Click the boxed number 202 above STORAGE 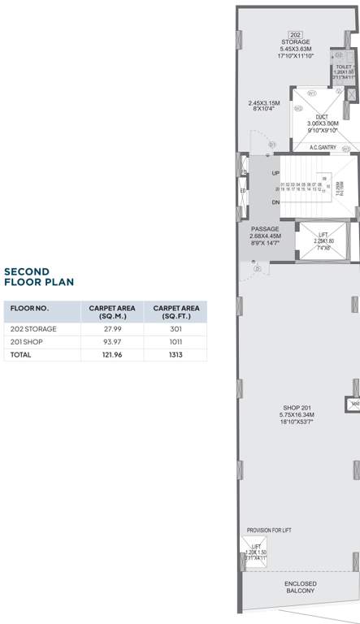(296, 34)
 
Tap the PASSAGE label (265, 229)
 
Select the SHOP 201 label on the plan (297, 408)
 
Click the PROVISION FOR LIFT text (268, 530)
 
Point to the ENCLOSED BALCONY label (301, 587)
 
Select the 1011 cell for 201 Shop (175, 342)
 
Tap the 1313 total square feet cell (175, 355)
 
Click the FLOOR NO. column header (30, 309)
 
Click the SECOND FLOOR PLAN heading (39, 277)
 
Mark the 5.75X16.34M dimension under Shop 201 (297, 415)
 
